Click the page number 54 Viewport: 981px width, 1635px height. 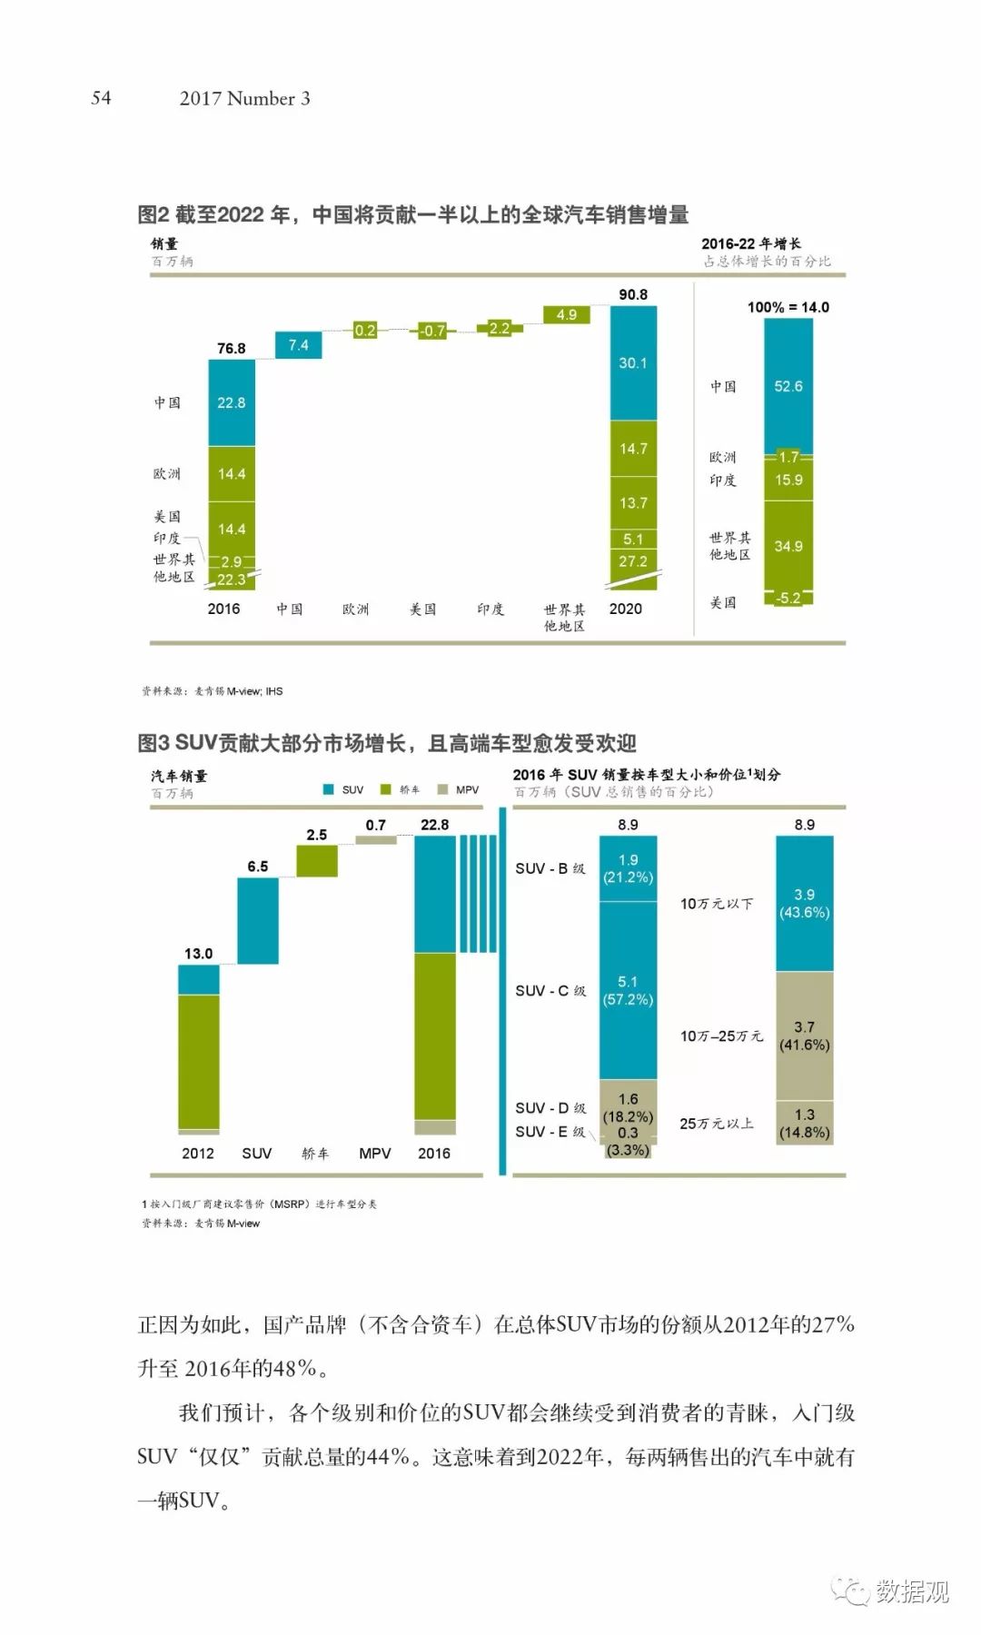pyautogui.click(x=101, y=98)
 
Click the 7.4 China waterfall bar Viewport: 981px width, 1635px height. pyautogui.click(x=298, y=345)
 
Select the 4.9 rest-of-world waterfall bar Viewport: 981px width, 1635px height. pyautogui.click(x=567, y=315)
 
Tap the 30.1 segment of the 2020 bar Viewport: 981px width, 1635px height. pyautogui.click(x=633, y=362)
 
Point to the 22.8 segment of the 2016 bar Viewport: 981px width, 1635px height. pyautogui.click(x=231, y=402)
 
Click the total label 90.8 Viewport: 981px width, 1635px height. pyautogui.click(x=633, y=294)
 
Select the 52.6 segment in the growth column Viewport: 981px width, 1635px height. pyautogui.click(x=788, y=386)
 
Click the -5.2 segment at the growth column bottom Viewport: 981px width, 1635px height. pyautogui.click(x=788, y=598)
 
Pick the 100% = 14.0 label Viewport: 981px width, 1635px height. pyautogui.click(x=788, y=307)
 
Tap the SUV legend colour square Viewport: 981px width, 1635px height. pyautogui.click(x=329, y=789)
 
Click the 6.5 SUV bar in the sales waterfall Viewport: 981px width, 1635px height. pyautogui.click(x=258, y=920)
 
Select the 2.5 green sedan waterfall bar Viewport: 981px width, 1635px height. pyautogui.click(x=317, y=861)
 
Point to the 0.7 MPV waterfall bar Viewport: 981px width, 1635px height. pyautogui.click(x=376, y=840)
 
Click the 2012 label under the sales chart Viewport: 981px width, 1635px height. pyautogui.click(x=197, y=1153)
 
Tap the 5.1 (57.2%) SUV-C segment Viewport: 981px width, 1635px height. pyautogui.click(x=628, y=990)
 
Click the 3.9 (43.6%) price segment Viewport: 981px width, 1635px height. pyautogui.click(x=804, y=903)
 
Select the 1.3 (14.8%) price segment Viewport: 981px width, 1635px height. pyautogui.click(x=804, y=1123)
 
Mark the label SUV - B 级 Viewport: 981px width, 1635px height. pyautogui.click(x=550, y=868)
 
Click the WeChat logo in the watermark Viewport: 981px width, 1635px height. pyautogui.click(x=851, y=1590)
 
